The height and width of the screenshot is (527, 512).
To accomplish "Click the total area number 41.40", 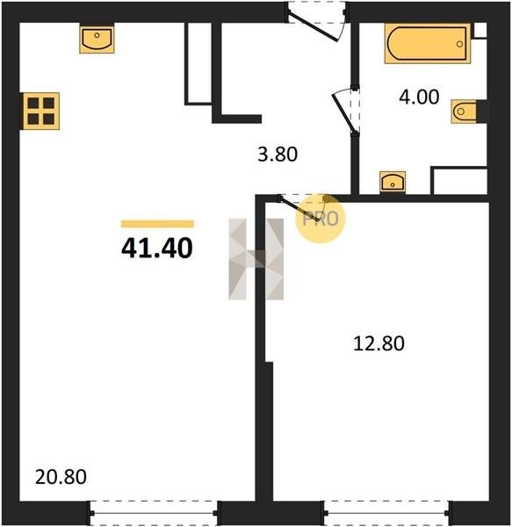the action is click(157, 248).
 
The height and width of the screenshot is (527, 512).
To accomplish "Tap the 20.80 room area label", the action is click(61, 477).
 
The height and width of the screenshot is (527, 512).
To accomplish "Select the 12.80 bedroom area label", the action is click(379, 343).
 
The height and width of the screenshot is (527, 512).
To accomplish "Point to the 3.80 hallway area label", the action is click(278, 155).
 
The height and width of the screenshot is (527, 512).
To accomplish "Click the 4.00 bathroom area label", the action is click(419, 97).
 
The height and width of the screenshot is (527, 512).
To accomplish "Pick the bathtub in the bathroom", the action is click(428, 44).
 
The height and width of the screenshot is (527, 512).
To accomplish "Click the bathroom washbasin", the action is click(393, 182).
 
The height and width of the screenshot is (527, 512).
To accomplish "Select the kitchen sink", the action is click(97, 39).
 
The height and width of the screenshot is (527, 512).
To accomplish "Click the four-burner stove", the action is click(41, 111).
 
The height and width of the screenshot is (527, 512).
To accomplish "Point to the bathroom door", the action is click(344, 112).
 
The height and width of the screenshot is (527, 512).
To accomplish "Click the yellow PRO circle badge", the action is click(321, 219).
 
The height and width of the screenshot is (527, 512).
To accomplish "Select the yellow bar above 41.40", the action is click(157, 224).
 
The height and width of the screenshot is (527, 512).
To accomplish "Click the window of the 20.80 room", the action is click(154, 513).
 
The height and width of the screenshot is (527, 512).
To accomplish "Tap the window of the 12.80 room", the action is click(386, 513).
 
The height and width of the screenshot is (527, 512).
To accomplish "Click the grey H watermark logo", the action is click(256, 259).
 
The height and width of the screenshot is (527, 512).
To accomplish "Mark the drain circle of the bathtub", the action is click(459, 44).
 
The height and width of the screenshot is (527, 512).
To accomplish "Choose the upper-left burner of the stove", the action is click(33, 103).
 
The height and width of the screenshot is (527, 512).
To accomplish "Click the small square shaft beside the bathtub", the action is click(480, 30).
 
